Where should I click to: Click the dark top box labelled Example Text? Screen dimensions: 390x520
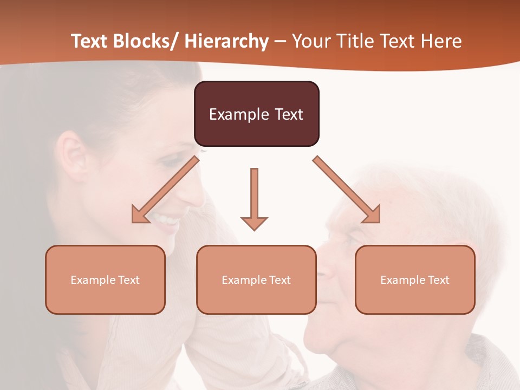pos(256,114)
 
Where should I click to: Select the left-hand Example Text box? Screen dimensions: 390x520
pos(105,279)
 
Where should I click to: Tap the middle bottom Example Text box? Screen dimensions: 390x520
pos(256,279)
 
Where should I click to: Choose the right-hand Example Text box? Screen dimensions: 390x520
pos(415,279)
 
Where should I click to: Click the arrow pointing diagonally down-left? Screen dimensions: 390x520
pos(165,189)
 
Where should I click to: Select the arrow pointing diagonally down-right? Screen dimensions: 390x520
pos(347,189)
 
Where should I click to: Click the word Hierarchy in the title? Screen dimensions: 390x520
pos(226,42)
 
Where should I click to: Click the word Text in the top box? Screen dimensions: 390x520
pos(289,114)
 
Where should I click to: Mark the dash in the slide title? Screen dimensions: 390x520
pos(280,42)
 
